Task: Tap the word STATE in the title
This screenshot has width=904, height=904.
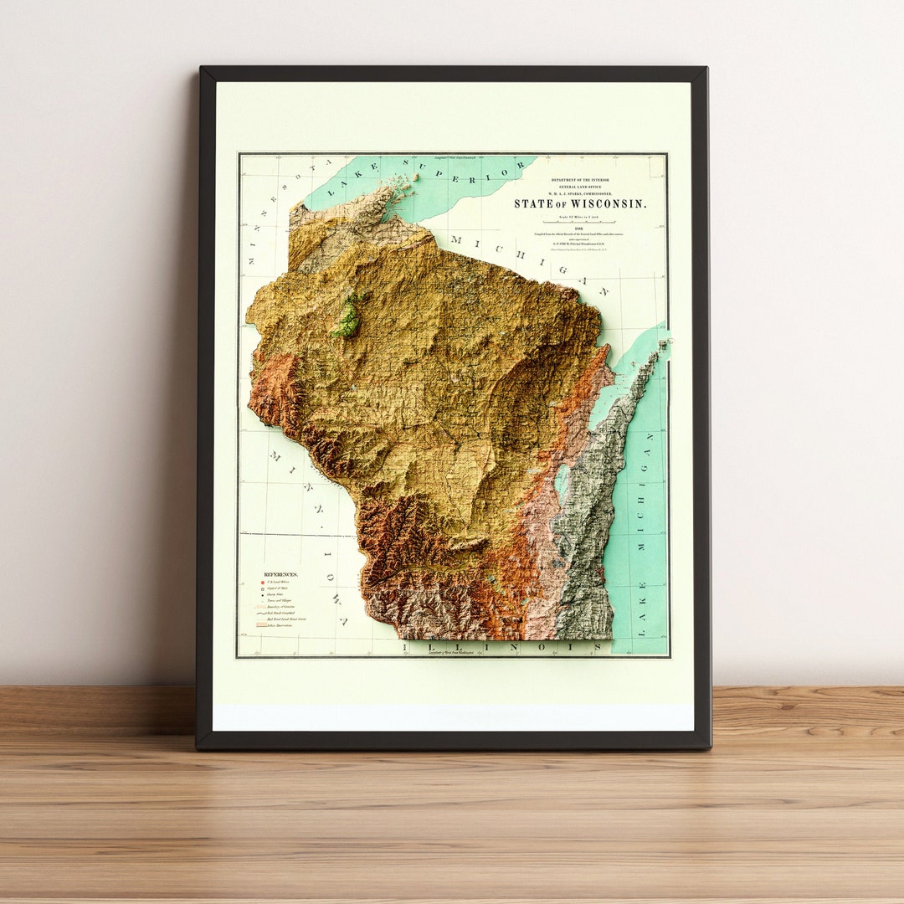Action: [532, 203]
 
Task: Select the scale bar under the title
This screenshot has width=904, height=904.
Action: [580, 222]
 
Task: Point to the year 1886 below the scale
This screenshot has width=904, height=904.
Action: [579, 229]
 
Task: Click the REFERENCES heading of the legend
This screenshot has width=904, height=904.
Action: [280, 575]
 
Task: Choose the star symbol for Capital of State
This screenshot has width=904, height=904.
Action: [260, 589]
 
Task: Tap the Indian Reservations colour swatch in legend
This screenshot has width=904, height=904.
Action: [260, 624]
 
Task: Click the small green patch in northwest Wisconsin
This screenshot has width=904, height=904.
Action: [348, 318]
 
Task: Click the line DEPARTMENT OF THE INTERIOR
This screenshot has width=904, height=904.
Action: [579, 180]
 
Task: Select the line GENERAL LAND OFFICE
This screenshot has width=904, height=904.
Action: [579, 187]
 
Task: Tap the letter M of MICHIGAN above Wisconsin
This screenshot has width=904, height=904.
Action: [456, 240]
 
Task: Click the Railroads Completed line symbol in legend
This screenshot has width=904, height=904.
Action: [260, 613]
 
